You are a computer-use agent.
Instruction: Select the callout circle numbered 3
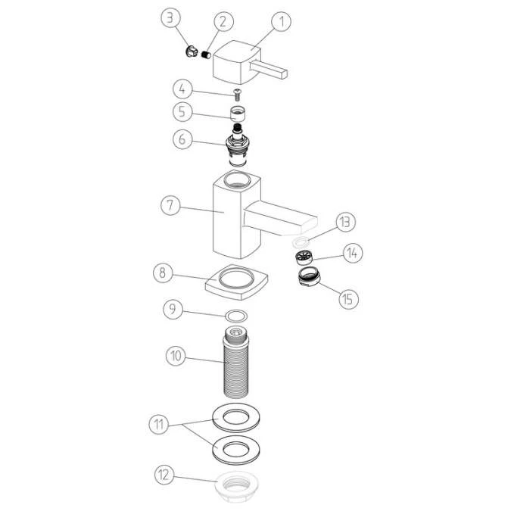(172, 17)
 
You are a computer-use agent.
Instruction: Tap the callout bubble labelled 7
(171, 205)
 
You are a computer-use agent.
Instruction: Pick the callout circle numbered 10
(176, 355)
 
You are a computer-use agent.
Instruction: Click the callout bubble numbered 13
(345, 222)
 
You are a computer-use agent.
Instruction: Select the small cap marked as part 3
(190, 52)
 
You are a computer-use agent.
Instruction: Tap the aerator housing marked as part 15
(310, 278)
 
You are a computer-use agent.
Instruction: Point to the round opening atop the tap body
(236, 180)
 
